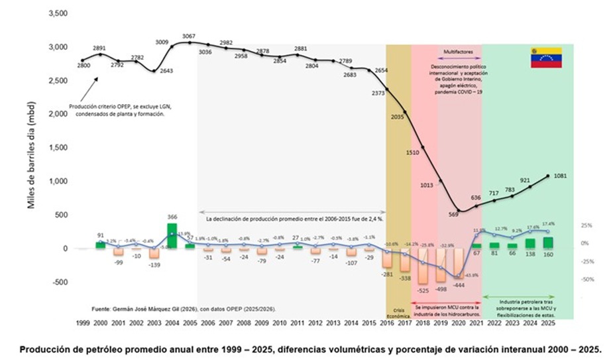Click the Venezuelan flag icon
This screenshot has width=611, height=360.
545,58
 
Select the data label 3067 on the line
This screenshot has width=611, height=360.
189,36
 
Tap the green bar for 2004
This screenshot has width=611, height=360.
172,236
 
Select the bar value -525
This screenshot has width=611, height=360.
423,290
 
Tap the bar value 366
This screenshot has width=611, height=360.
172,217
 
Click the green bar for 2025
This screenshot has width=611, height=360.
547,243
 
